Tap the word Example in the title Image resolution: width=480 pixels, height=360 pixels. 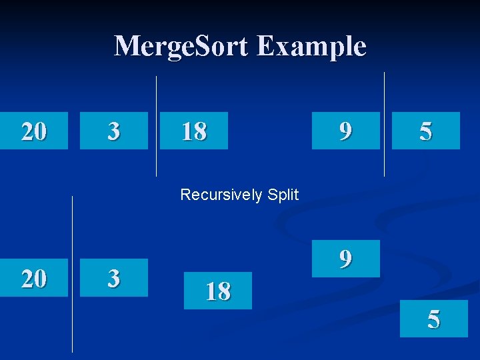pyautogui.click(x=311, y=47)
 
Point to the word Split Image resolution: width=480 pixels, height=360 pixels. pyautogui.click(x=283, y=195)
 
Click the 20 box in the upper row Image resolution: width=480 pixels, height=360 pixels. pyautogui.click(x=34, y=131)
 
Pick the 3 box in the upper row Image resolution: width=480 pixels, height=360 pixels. pyautogui.click(x=114, y=131)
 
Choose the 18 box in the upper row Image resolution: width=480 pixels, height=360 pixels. pyautogui.click(x=194, y=131)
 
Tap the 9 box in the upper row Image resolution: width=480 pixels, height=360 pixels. pyautogui.click(x=346, y=131)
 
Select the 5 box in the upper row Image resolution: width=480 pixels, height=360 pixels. pyautogui.click(x=426, y=131)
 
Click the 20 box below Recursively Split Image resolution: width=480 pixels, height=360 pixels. pyautogui.click(x=34, y=277)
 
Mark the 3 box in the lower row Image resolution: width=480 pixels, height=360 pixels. pyautogui.click(x=114, y=277)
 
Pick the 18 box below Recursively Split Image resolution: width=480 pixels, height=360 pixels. pyautogui.click(x=218, y=291)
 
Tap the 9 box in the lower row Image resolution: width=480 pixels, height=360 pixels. pyautogui.click(x=346, y=259)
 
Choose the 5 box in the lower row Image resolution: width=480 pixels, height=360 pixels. pyautogui.click(x=434, y=319)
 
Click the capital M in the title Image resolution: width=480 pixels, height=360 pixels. pyautogui.click(x=127, y=47)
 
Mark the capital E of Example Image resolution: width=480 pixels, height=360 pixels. pyautogui.click(x=264, y=47)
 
